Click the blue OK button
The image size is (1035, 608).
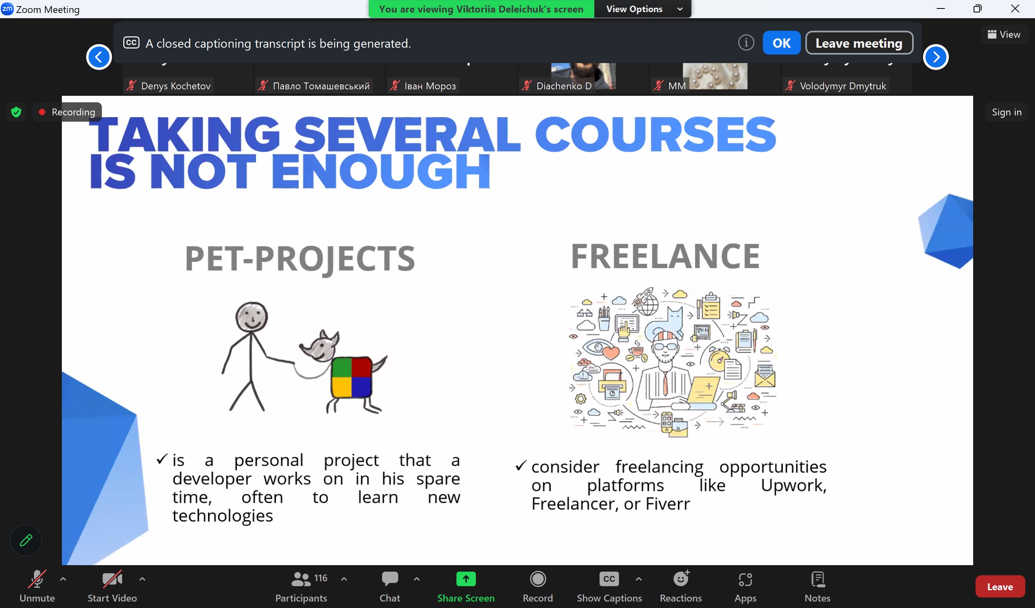781,43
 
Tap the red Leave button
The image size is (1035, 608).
999,586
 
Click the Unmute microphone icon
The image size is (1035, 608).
37,579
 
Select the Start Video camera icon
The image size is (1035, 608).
112,579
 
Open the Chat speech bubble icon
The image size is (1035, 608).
390,578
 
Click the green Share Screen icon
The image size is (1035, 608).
466,579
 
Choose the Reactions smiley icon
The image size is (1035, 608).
681,578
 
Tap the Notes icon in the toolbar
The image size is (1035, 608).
817,579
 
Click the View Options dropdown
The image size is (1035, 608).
643,9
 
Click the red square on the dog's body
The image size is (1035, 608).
361,367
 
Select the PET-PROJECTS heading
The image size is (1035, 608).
300,259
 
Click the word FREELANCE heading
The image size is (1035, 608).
665,256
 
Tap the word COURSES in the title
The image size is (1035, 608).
655,134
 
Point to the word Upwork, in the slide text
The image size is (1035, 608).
794,485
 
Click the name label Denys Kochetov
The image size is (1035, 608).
175,86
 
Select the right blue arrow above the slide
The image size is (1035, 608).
935,57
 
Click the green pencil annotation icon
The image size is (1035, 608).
26,540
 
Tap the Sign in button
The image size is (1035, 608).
1006,112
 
